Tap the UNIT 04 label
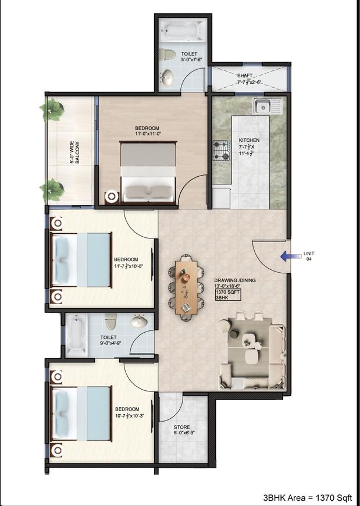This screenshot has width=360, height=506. click(x=309, y=256)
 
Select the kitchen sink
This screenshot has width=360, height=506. click(x=267, y=106)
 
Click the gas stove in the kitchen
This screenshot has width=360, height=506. click(x=222, y=150)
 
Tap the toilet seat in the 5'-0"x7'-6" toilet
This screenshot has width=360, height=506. click(x=169, y=55)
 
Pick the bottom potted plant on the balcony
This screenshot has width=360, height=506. click(x=52, y=189)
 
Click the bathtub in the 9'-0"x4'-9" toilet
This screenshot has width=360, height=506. click(x=75, y=335)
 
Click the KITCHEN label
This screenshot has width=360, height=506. click(x=249, y=141)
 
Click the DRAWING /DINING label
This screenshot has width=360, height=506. click(x=234, y=280)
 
